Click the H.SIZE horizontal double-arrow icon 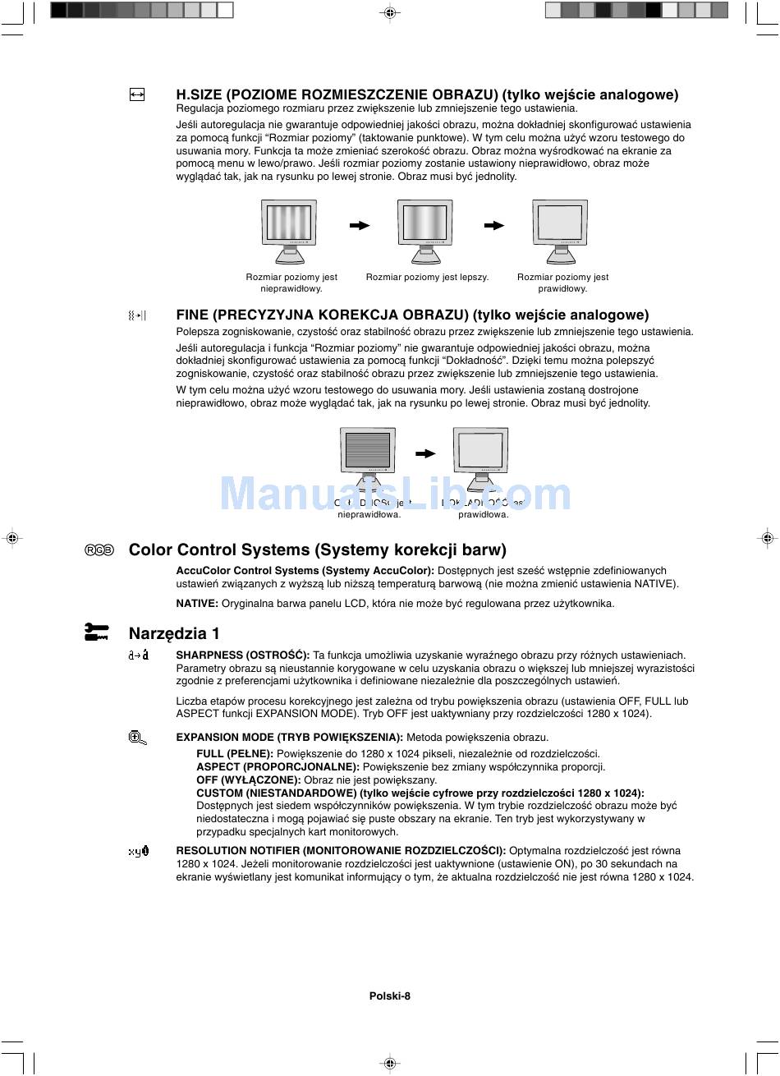pos(137,95)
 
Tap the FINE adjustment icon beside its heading pos(137,315)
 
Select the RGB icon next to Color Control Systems pos(99,550)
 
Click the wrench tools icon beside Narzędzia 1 pos(97,632)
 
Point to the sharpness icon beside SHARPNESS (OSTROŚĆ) pos(139,655)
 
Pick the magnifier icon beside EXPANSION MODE pos(138,738)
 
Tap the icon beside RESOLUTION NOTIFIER pos(139,852)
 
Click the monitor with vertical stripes pos(289,230)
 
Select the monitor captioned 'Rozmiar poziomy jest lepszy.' pos(425,230)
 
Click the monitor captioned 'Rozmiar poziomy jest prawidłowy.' pos(560,230)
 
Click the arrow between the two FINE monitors pos(425,453)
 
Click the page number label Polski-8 pos(390,996)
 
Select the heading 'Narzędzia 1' pos(174,633)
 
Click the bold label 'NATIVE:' pos(197,604)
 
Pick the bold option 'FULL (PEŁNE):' pos(235,754)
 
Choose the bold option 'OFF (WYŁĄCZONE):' pos(249,780)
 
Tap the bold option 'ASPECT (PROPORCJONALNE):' pos(278,767)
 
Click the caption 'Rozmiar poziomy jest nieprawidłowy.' pos(291,283)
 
